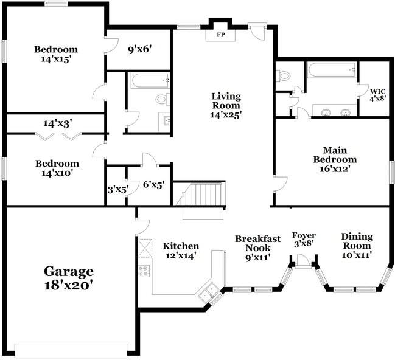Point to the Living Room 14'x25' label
coord(226,105)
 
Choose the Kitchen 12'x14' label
coord(181,251)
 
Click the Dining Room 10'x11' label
coord(356,246)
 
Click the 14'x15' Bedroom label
coord(55,55)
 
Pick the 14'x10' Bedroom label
coord(57,168)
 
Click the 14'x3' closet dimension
coord(58,123)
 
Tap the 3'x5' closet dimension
coord(116,189)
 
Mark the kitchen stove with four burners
coord(144,272)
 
